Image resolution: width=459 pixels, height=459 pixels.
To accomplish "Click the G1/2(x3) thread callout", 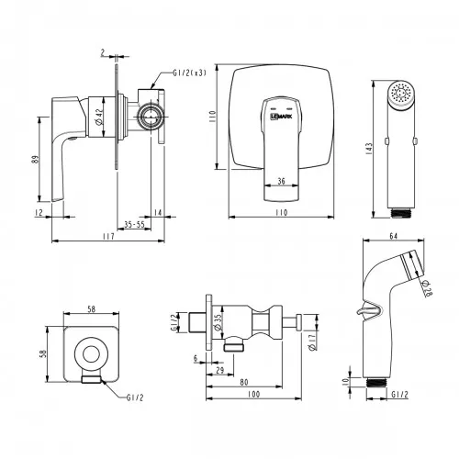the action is click(x=190, y=73).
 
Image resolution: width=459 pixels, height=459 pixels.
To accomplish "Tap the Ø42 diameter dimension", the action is click(x=98, y=118).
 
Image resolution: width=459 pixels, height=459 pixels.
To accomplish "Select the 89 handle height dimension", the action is click(x=37, y=159).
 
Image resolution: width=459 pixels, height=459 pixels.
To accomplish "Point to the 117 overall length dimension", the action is click(x=108, y=237).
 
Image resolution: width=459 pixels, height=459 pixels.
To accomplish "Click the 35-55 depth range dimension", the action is click(x=134, y=224).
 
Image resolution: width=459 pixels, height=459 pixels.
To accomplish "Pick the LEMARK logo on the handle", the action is click(x=281, y=117).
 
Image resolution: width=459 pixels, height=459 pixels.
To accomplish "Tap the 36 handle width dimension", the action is click(x=281, y=181).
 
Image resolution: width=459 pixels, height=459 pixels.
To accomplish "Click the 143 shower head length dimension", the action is click(x=369, y=149).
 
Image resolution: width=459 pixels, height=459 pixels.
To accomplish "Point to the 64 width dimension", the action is click(x=394, y=236).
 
